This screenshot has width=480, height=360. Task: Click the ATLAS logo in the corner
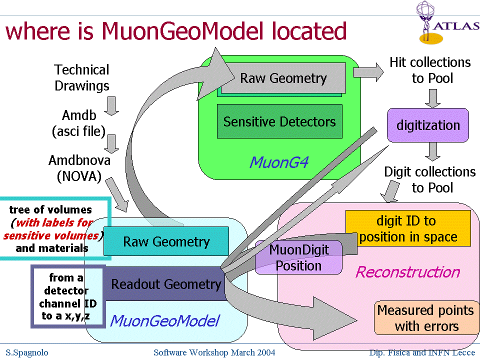pyautogui.click(x=446, y=22)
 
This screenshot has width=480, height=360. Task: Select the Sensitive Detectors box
pyautogui.click(x=279, y=121)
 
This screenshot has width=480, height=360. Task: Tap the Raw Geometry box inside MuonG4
pyautogui.click(x=283, y=78)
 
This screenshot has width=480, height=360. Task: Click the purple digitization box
pyautogui.click(x=428, y=125)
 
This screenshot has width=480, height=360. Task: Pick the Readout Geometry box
pyautogui.click(x=165, y=284)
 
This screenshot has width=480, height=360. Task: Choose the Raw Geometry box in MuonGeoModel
pyautogui.click(x=166, y=241)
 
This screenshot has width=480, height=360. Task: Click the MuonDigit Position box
pyautogui.click(x=298, y=257)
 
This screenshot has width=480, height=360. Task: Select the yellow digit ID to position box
pyautogui.click(x=408, y=228)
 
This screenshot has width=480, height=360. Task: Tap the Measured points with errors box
pyautogui.click(x=426, y=318)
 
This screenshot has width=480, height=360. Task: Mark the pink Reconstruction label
pyautogui.click(x=407, y=272)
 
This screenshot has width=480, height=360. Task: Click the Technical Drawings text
pyautogui.click(x=81, y=77)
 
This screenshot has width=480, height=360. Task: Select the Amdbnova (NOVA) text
pyautogui.click(x=79, y=168)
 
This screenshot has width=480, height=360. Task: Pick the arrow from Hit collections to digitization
pyautogui.click(x=432, y=97)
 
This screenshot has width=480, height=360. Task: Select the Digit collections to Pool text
pyautogui.click(x=429, y=179)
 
